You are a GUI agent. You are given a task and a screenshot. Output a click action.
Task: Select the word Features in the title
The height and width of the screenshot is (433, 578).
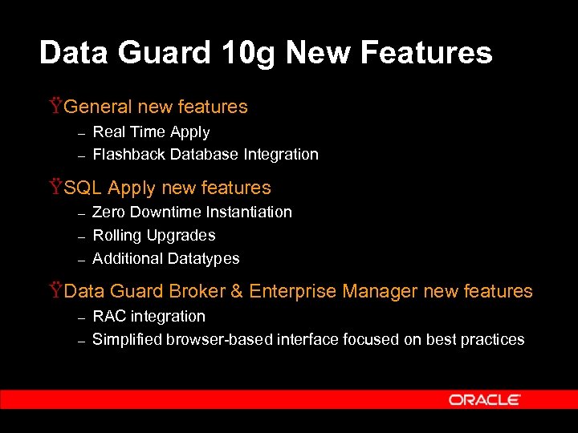click(426, 53)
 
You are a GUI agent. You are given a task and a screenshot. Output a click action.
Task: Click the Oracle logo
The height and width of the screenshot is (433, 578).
click(485, 399)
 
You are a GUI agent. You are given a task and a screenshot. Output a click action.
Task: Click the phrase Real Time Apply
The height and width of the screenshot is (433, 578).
click(151, 132)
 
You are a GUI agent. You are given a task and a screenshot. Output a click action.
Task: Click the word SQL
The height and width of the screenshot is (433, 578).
click(83, 188)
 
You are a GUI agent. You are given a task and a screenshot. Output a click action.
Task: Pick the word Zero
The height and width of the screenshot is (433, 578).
click(108, 212)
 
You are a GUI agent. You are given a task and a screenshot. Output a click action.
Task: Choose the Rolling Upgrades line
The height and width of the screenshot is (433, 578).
click(154, 236)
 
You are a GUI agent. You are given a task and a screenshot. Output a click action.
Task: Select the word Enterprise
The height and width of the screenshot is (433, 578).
click(292, 291)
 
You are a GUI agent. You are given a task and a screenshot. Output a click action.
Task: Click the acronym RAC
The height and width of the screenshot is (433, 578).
click(109, 317)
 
